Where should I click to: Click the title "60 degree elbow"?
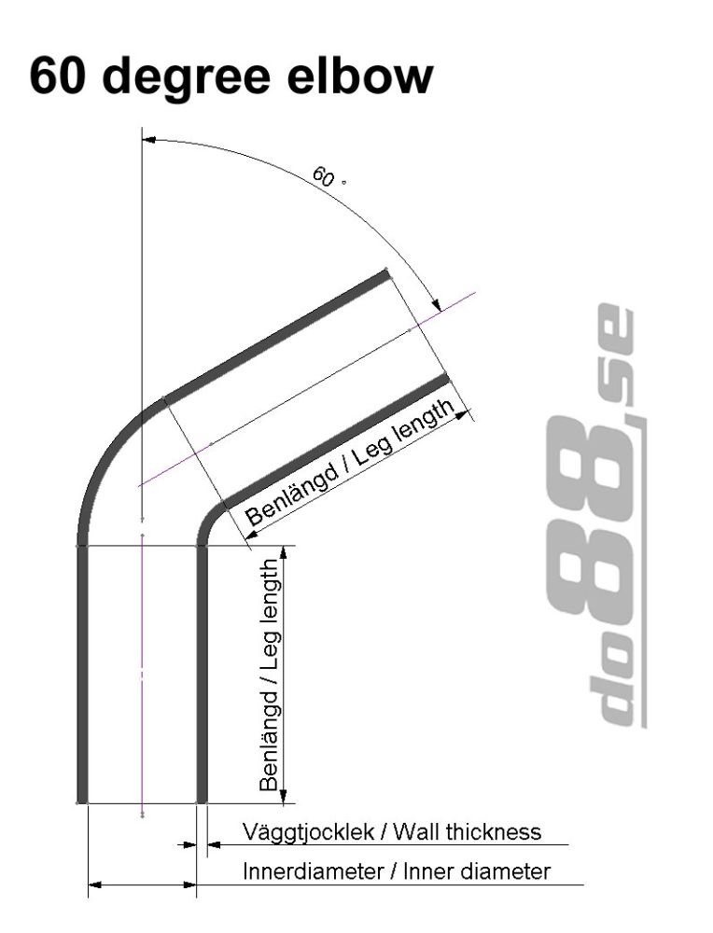click(x=231, y=77)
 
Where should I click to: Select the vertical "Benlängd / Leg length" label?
click(x=271, y=675)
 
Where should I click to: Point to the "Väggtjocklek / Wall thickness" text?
click(x=391, y=830)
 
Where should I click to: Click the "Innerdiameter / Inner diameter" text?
click(x=396, y=872)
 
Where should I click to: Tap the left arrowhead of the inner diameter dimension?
click(x=94, y=884)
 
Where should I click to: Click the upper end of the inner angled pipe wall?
click(x=443, y=378)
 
